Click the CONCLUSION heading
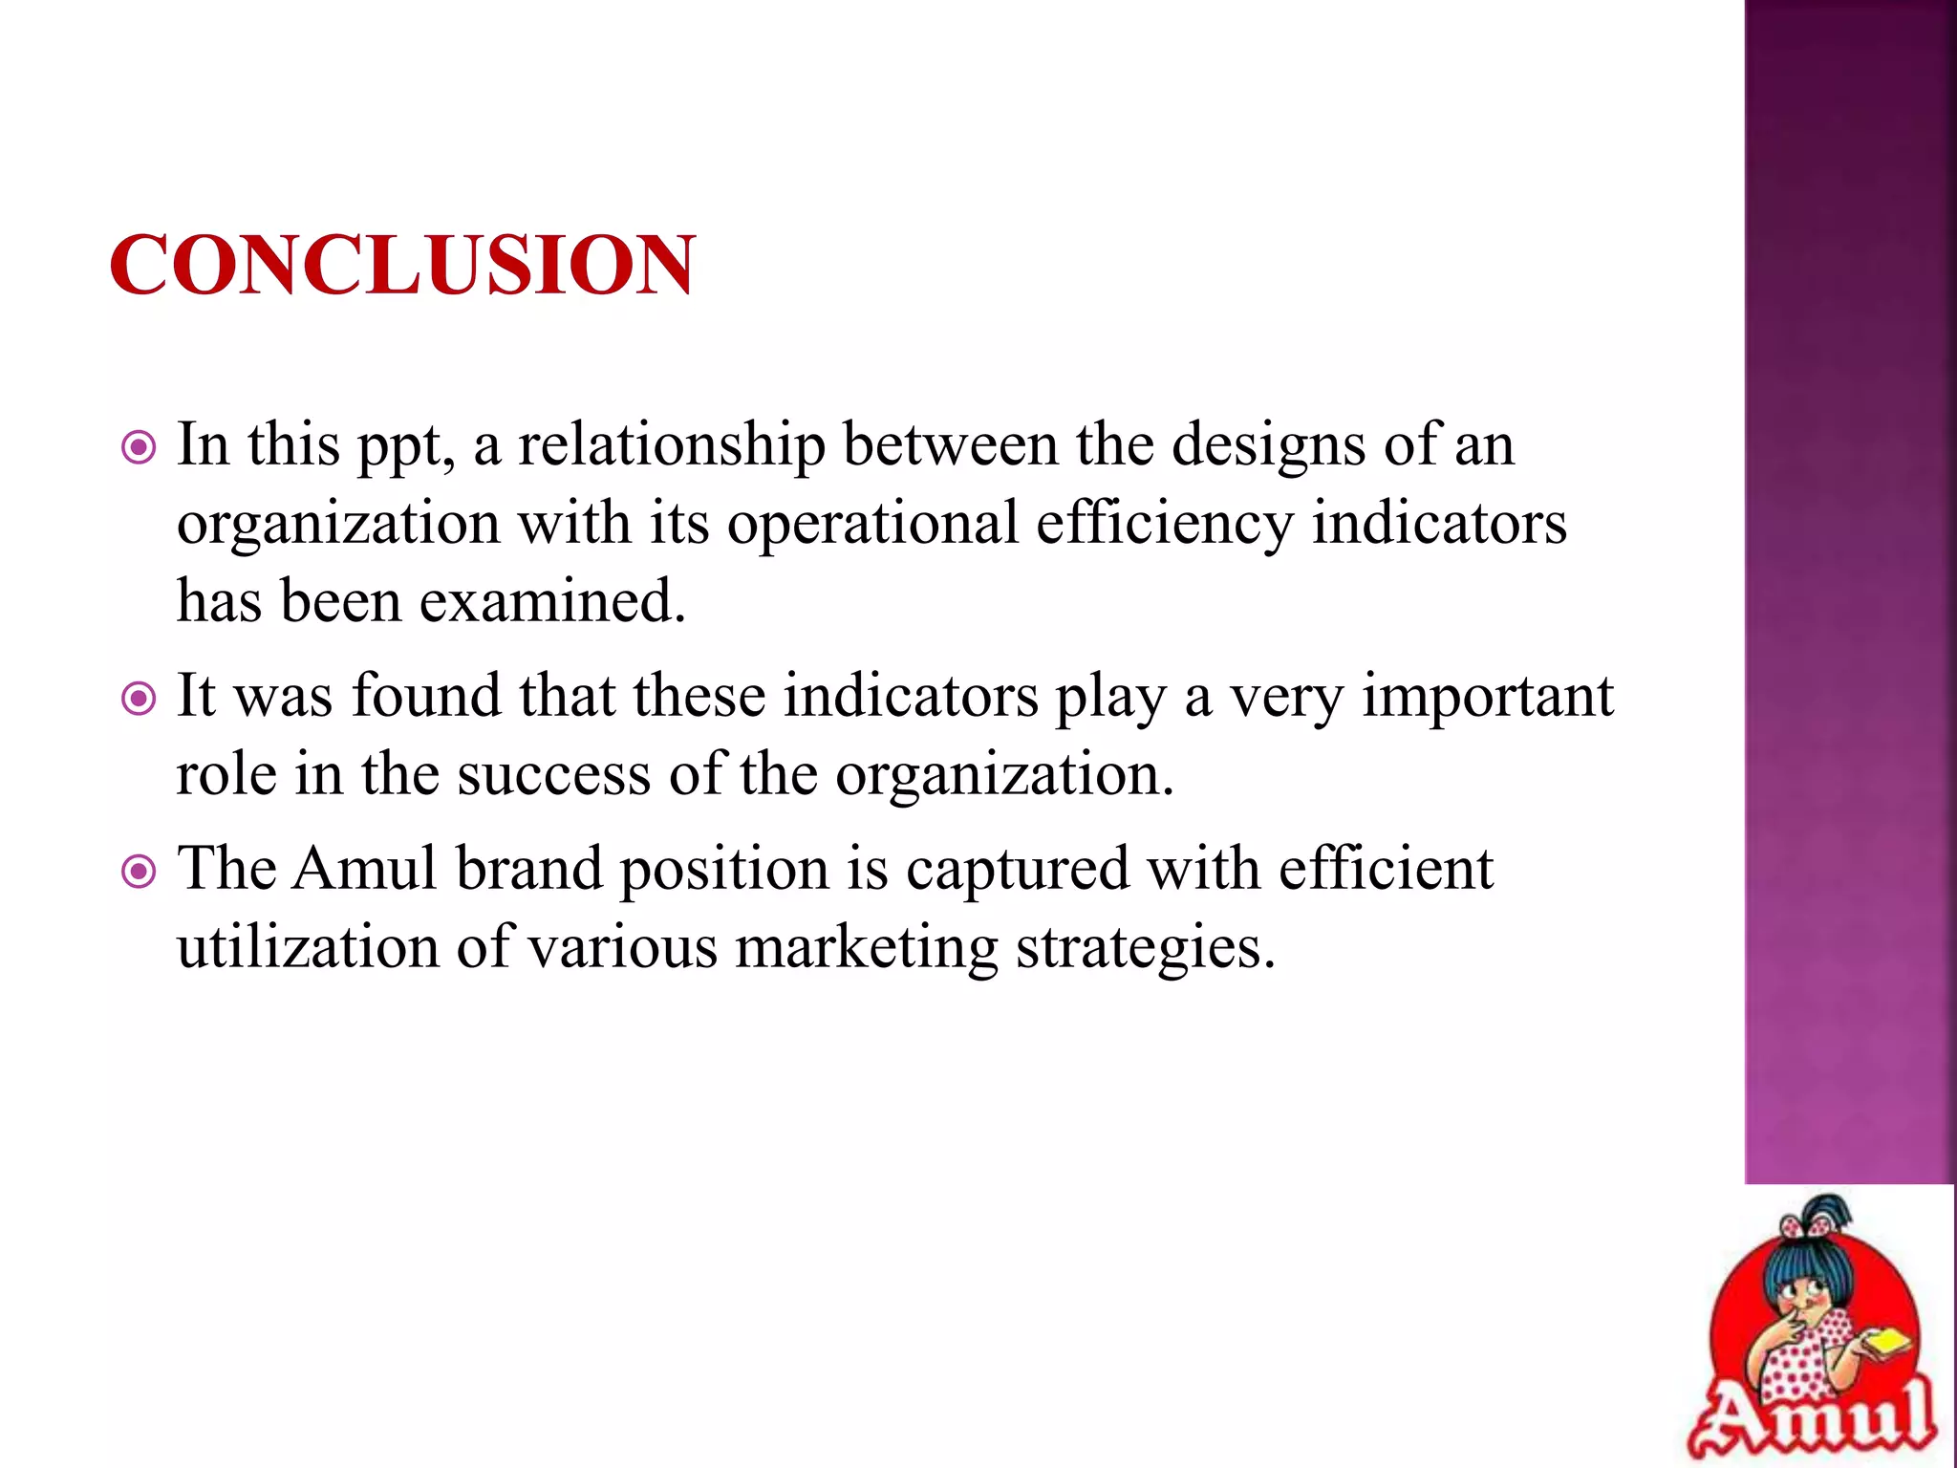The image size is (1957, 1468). tap(402, 265)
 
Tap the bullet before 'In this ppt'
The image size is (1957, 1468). tap(140, 447)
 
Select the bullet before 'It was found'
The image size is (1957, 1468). tap(140, 699)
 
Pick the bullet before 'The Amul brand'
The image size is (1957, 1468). tap(140, 872)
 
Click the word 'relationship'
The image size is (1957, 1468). tap(671, 445)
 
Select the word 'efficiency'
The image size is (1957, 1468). tap(1164, 524)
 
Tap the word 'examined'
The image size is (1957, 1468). tap(552, 602)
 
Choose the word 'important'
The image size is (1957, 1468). tap(1487, 696)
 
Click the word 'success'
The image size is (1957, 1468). tap(553, 774)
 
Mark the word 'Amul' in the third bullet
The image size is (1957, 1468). tap(364, 869)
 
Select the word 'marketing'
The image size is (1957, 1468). tap(866, 948)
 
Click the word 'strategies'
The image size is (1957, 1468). tap(1145, 948)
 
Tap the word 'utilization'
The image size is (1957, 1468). tap(308, 948)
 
